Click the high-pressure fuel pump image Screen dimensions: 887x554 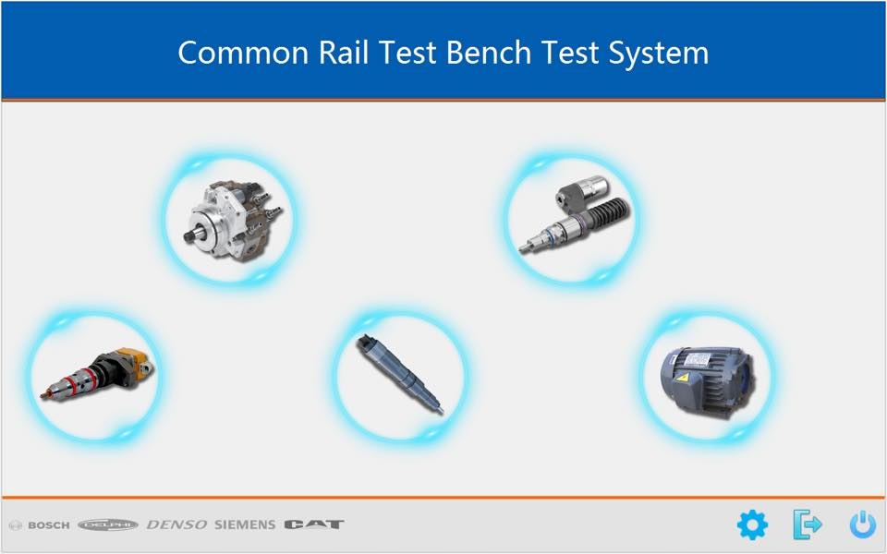point(233,220)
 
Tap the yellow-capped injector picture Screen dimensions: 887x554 point(97,374)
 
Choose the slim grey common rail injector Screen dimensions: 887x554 point(400,374)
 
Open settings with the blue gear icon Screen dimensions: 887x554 point(752,524)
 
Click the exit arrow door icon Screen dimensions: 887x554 point(808,524)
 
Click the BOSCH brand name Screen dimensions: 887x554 point(49,525)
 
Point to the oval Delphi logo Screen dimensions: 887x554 point(107,525)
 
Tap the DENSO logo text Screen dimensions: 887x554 point(176,525)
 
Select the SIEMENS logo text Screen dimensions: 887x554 point(245,525)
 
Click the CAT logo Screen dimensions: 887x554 point(314,524)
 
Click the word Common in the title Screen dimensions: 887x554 point(243,53)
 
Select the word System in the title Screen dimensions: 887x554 point(659,54)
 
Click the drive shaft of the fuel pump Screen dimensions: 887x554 point(193,235)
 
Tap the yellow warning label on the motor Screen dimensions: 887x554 point(684,377)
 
